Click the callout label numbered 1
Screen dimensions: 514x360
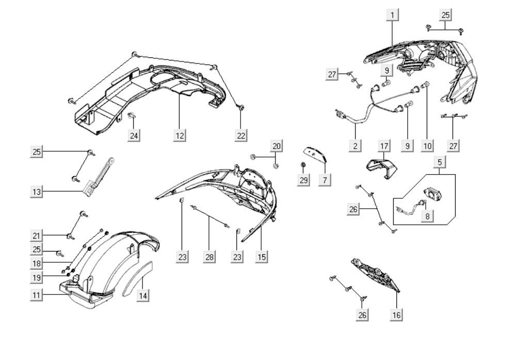(x=393, y=15)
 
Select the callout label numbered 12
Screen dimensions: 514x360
(x=180, y=135)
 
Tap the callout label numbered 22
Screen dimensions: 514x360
(x=241, y=135)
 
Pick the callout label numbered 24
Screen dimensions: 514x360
(x=134, y=135)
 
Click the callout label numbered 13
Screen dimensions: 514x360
(x=37, y=191)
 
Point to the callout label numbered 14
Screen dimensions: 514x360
(x=143, y=295)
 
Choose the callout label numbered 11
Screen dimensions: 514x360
(x=37, y=295)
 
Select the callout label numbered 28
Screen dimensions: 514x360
(x=210, y=257)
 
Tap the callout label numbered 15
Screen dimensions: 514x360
(x=262, y=257)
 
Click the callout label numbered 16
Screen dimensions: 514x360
(x=396, y=315)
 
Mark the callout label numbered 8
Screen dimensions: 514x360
(x=427, y=216)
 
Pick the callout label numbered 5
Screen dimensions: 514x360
(x=440, y=162)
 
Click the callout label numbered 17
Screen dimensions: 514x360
(x=384, y=146)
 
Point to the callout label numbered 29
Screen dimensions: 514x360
(x=303, y=180)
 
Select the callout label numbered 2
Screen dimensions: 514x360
(x=356, y=145)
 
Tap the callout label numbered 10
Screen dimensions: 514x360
(x=427, y=145)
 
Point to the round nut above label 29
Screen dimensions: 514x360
(x=303, y=164)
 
